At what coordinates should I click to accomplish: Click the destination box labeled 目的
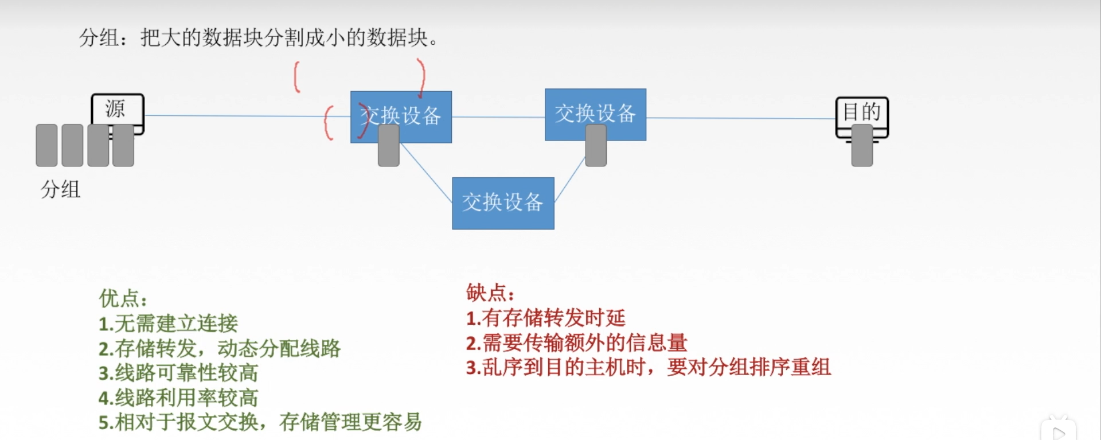861,112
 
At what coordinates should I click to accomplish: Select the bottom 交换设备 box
503,203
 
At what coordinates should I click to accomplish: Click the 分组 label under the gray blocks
60,189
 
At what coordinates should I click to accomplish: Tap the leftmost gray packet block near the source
46,145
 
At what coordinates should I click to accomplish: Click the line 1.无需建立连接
168,324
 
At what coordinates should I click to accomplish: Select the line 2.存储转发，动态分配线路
219,348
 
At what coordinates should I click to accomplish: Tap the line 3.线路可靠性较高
178,373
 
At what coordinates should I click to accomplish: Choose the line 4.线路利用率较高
178,398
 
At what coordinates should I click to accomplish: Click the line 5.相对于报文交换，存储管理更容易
260,422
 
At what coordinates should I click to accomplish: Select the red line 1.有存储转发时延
545,318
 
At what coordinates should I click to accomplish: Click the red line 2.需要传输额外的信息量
576,342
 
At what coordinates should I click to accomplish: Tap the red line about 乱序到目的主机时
648,367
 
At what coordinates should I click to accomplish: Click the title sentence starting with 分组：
259,38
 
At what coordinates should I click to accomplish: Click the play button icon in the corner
1059,432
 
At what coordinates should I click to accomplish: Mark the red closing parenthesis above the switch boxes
421,77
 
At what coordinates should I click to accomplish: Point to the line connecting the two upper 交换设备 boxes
498,117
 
